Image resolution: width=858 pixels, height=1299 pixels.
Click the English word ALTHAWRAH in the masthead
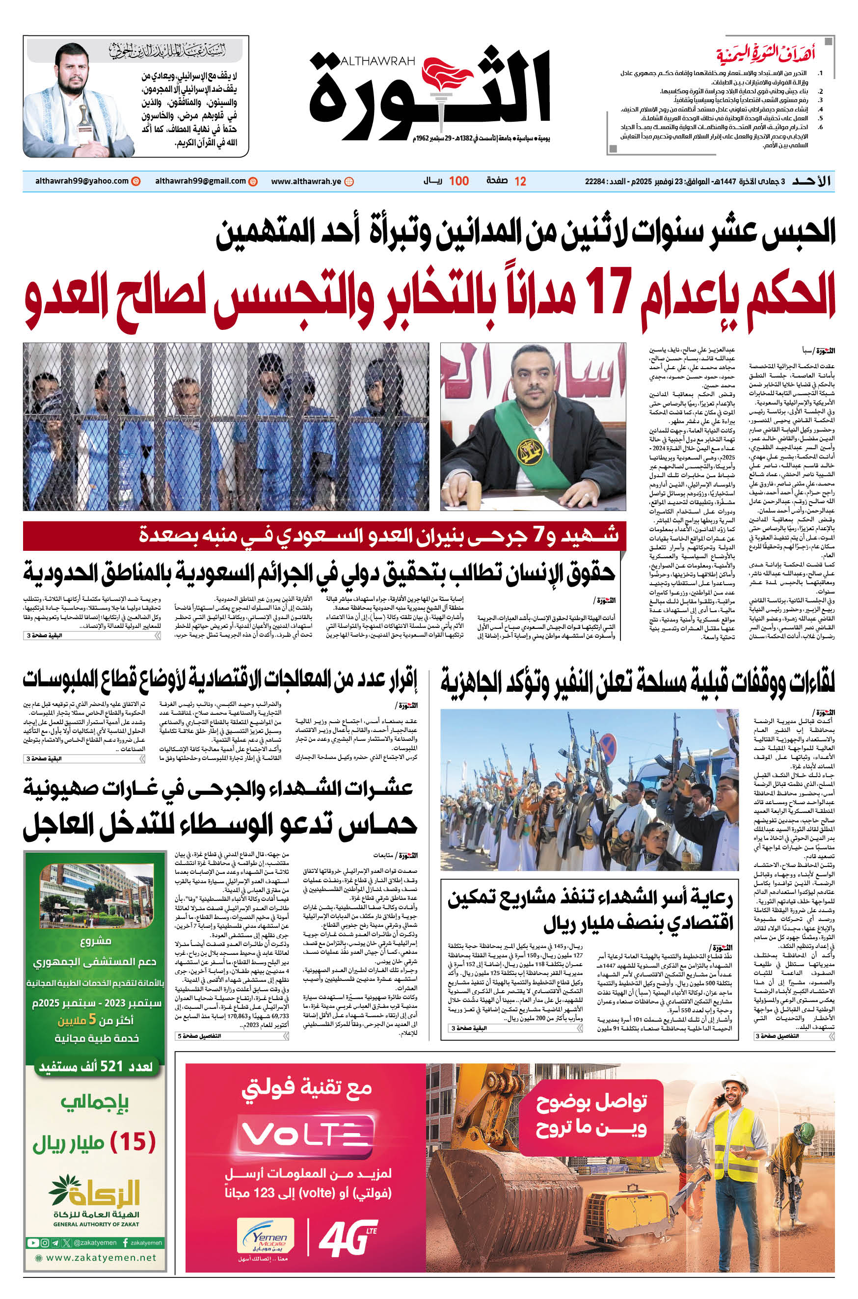(377, 61)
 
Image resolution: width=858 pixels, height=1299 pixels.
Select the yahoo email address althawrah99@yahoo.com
(82, 181)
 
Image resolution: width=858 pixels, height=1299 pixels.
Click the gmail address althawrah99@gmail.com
(200, 181)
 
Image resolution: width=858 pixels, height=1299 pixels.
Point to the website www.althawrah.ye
(306, 182)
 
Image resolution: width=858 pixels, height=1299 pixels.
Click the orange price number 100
(458, 181)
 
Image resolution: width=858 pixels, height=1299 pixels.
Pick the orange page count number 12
(520, 182)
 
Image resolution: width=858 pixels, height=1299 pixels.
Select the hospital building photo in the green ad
(96, 897)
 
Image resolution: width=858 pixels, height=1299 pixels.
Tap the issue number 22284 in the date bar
(595, 181)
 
